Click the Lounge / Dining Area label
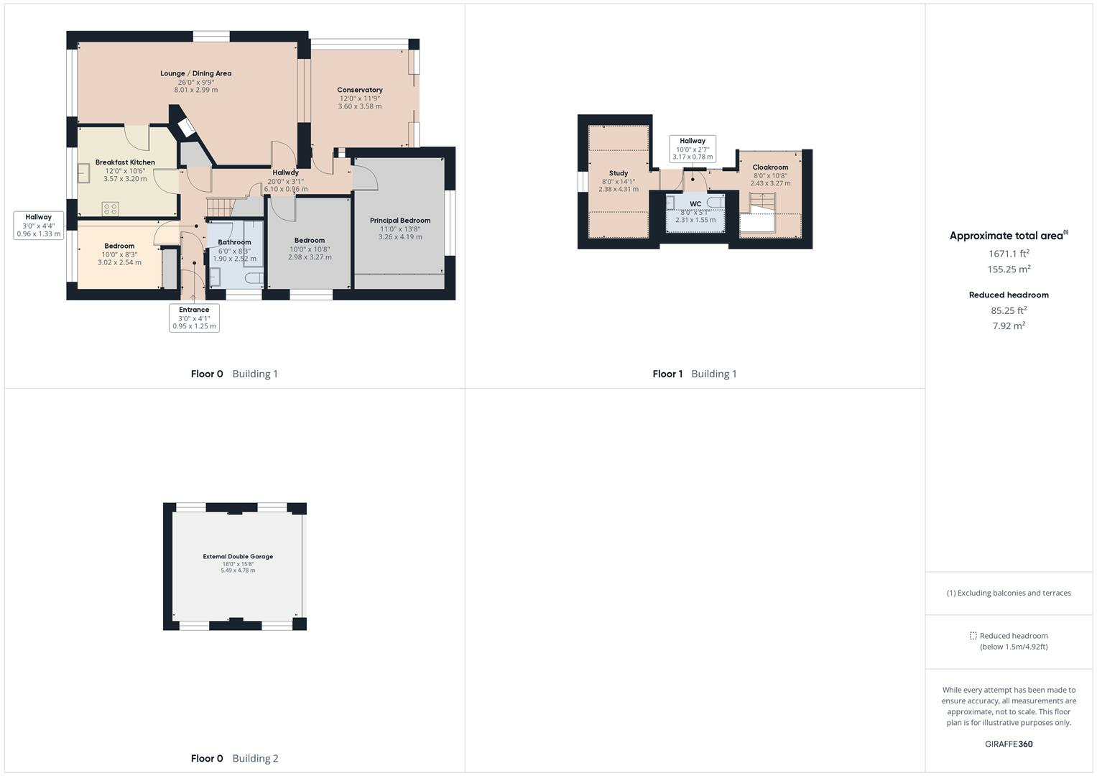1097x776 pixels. click(x=195, y=73)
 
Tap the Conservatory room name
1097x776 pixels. click(x=360, y=90)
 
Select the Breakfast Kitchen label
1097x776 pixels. click(x=125, y=162)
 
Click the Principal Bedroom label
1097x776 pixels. click(x=400, y=221)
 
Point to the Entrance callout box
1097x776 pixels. click(x=194, y=318)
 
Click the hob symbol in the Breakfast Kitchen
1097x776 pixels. click(x=111, y=209)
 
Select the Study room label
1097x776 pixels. click(x=619, y=173)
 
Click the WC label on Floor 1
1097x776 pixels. click(x=695, y=204)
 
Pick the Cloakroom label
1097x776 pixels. click(x=770, y=167)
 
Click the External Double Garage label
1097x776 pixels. click(x=238, y=556)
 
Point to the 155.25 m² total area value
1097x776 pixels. click(x=1009, y=269)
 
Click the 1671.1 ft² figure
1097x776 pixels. click(x=1009, y=254)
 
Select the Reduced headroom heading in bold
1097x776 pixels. click(x=1009, y=295)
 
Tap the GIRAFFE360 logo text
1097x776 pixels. click(x=1009, y=744)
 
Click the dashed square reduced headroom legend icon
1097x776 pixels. click(x=973, y=636)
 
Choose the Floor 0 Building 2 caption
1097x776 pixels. click(x=234, y=758)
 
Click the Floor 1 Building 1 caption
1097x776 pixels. click(x=694, y=374)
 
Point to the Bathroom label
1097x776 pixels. click(x=234, y=242)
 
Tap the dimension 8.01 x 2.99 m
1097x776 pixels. click(x=195, y=91)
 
